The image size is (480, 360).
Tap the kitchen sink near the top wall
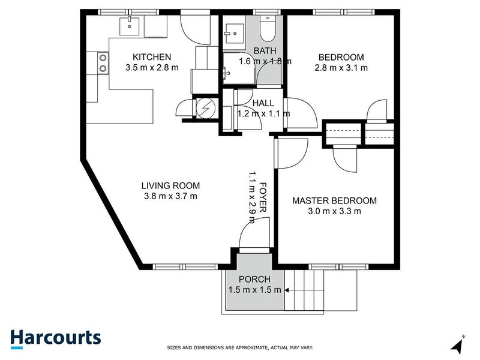click(x=130, y=26)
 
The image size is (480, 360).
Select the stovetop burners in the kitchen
click(x=103, y=63)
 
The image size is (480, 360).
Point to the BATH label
click(x=265, y=50)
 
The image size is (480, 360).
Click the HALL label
click(x=263, y=103)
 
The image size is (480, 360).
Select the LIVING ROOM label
click(x=170, y=185)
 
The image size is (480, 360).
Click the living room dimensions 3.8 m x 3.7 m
click(x=170, y=196)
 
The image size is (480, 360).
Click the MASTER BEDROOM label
click(x=334, y=200)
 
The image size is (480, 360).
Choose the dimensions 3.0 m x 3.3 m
click(x=334, y=211)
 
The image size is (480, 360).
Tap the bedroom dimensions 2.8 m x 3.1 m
click(x=341, y=68)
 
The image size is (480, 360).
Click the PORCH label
click(x=254, y=279)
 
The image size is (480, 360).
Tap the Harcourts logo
click(x=55, y=337)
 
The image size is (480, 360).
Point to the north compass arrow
click(x=458, y=345)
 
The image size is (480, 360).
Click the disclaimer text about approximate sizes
click(x=240, y=347)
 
